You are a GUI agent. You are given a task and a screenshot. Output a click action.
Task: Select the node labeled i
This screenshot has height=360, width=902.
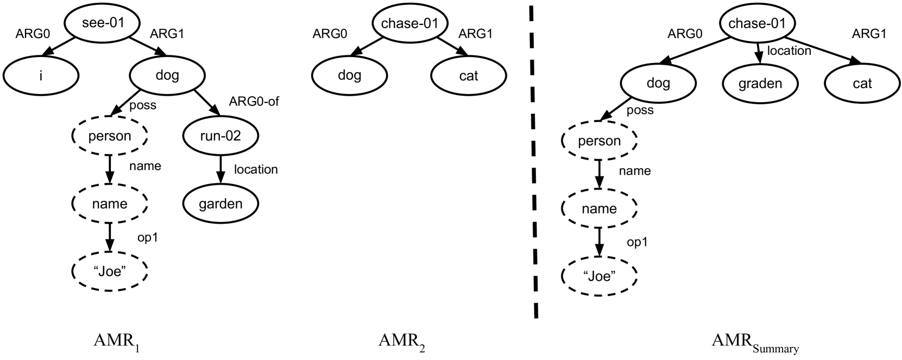click(41, 75)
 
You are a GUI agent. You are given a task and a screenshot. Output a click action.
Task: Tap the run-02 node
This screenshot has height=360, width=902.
click(220, 136)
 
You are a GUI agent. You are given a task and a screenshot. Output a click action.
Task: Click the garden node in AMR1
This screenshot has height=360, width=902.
click(220, 204)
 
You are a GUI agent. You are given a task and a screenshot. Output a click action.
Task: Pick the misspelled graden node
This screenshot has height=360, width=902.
click(760, 83)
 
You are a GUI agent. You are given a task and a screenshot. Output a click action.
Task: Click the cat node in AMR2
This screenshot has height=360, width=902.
click(468, 75)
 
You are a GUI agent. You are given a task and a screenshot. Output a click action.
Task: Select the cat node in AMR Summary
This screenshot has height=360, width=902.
click(862, 83)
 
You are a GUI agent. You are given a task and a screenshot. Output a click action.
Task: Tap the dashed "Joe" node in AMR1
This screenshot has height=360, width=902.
click(109, 271)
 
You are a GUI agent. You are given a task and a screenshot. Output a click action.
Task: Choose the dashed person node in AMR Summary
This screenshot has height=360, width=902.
click(599, 141)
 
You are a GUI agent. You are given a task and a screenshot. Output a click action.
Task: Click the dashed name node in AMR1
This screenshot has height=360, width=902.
click(110, 204)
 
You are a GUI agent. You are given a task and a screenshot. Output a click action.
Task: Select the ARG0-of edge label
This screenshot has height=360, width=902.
click(254, 101)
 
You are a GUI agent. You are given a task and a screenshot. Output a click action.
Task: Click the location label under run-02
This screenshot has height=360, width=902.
click(256, 169)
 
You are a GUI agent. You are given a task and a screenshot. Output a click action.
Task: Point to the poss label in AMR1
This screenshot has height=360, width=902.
click(143, 105)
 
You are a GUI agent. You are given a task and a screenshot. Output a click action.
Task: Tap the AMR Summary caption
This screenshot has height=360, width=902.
click(755, 343)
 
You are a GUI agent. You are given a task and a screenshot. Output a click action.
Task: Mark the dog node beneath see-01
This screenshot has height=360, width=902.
click(167, 75)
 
